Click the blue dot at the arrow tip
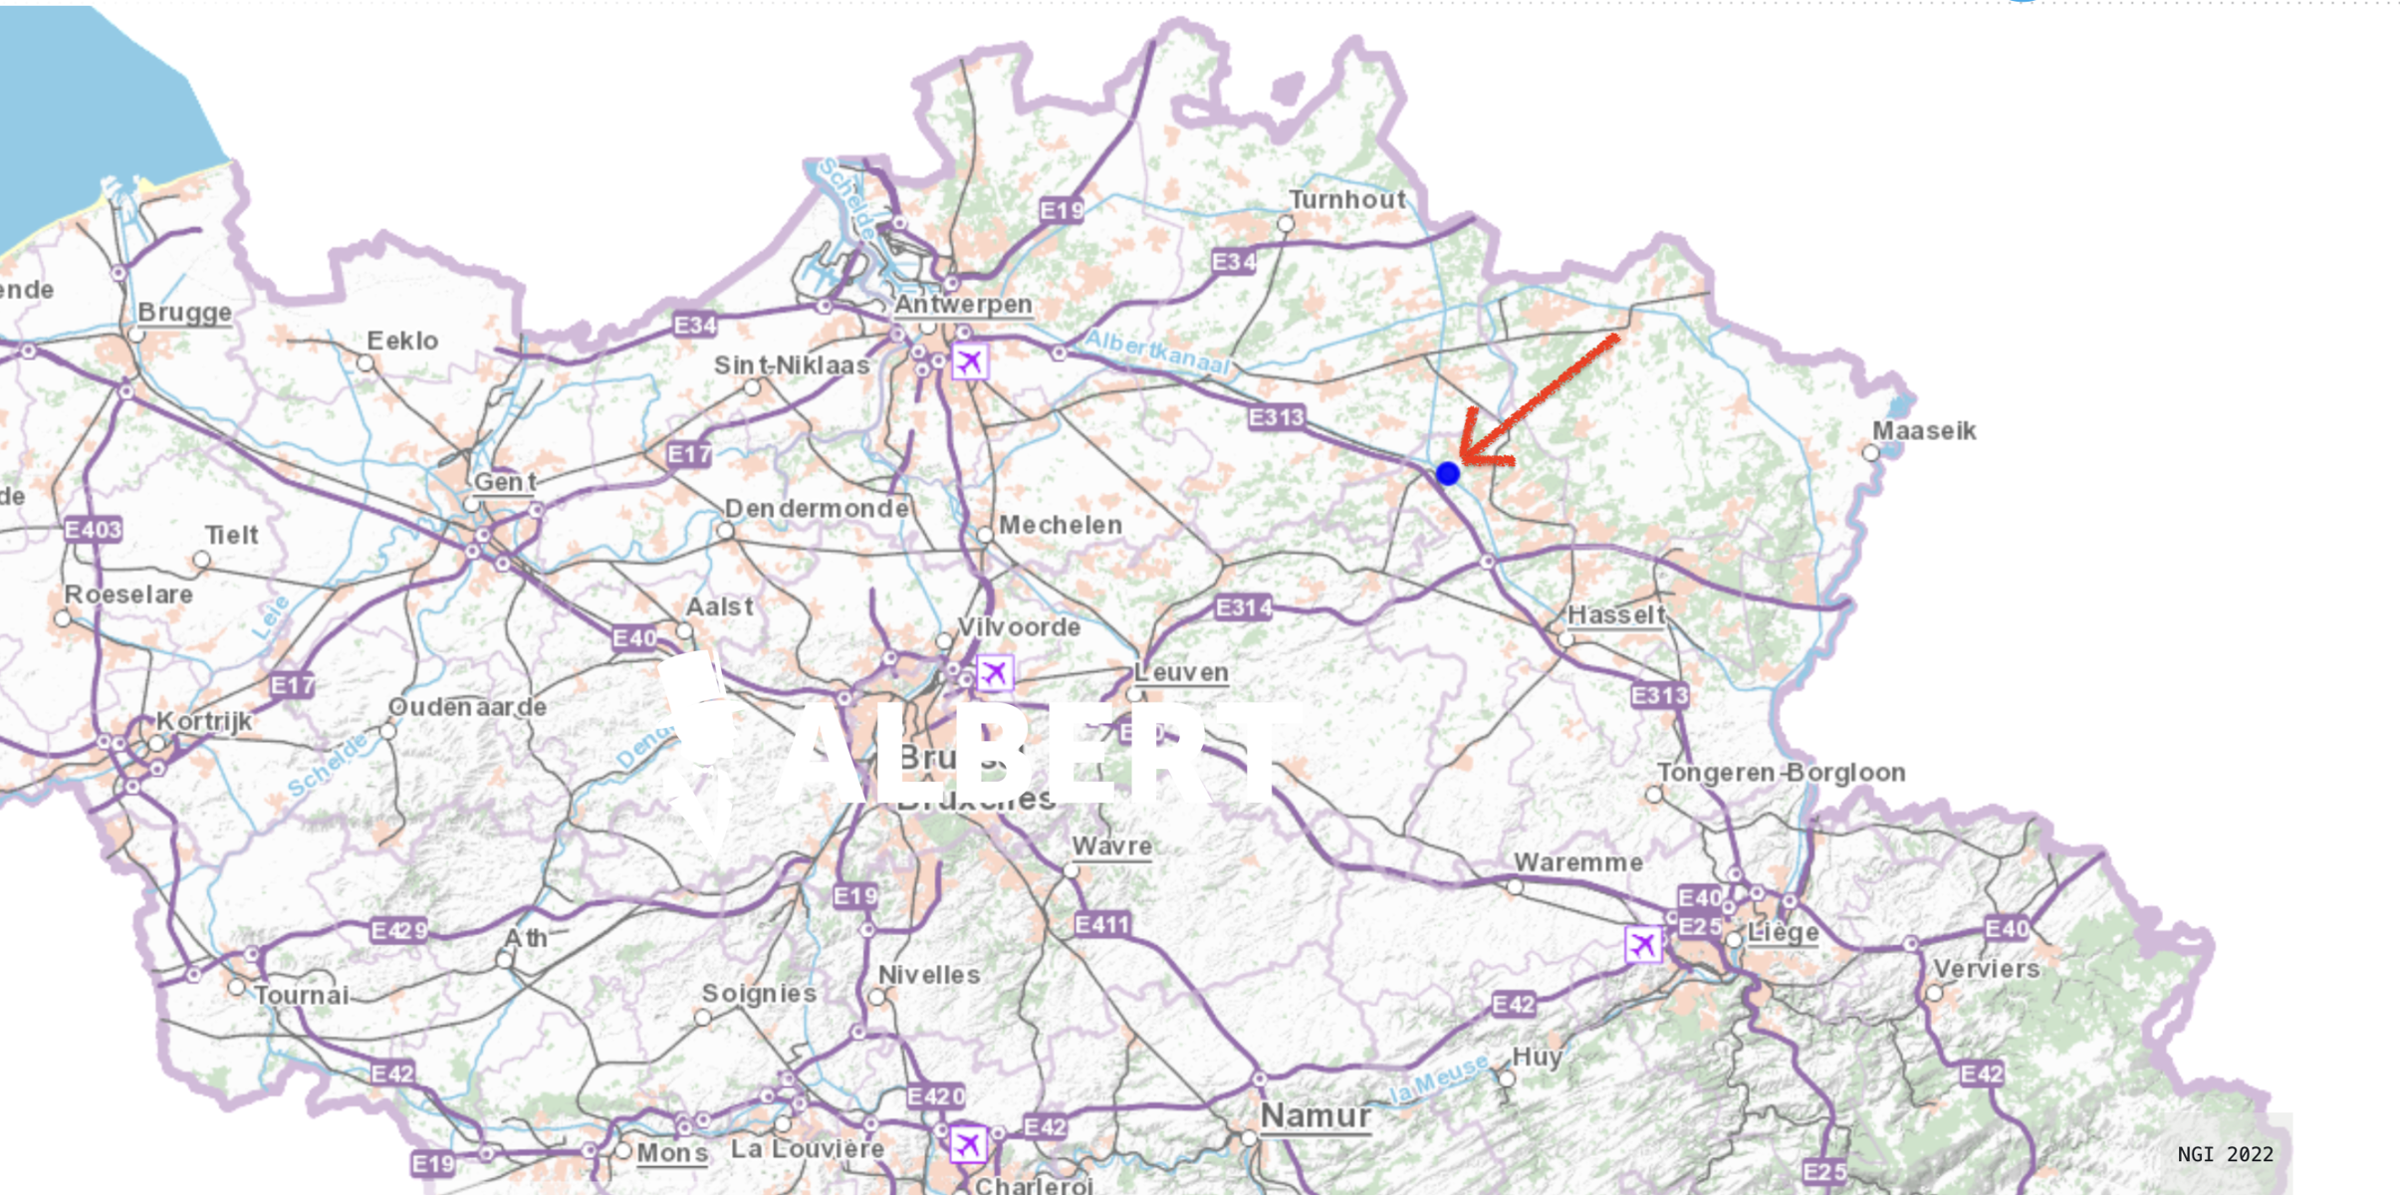tap(1448, 474)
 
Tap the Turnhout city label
tap(1347, 200)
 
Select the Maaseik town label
tap(1924, 431)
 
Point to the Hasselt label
tap(1616, 615)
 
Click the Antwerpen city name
tap(963, 304)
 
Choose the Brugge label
tap(184, 313)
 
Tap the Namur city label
tap(1316, 1116)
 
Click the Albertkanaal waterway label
tap(1157, 353)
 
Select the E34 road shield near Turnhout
tap(1234, 262)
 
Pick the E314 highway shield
tap(1244, 607)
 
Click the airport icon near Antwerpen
tap(969, 361)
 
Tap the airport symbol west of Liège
tap(1643, 943)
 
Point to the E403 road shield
tap(94, 529)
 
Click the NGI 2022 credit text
tap(2225, 1154)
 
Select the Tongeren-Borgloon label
tap(1781, 773)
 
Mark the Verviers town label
tap(1986, 969)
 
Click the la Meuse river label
tap(1439, 1079)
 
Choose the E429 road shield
tap(399, 930)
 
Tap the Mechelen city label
tap(1060, 525)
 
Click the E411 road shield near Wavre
tap(1102, 924)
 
